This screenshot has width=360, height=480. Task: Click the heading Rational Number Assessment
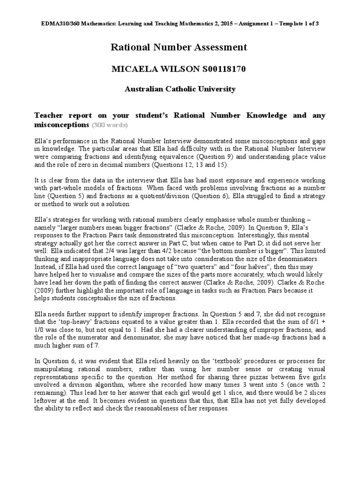click(x=178, y=47)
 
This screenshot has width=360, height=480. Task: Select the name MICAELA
click(x=132, y=69)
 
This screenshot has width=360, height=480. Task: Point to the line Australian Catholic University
click(x=180, y=89)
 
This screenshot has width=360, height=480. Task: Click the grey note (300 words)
click(x=110, y=126)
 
